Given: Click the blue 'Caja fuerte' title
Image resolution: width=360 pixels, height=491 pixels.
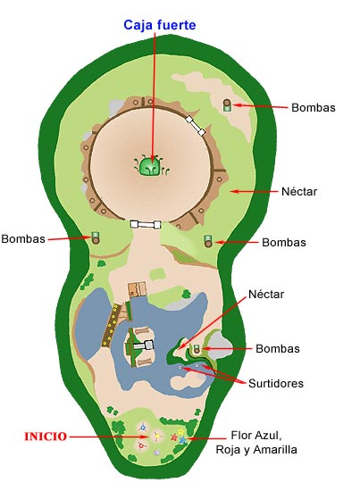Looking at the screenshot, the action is click(160, 25).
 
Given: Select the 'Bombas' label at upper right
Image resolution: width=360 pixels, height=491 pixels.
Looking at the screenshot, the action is click(314, 107).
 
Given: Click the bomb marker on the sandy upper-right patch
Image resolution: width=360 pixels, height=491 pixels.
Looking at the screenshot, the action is click(228, 105).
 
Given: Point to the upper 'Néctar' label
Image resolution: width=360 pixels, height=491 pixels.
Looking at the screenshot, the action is click(299, 191).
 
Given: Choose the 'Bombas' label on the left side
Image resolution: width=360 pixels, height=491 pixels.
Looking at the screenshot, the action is click(23, 238).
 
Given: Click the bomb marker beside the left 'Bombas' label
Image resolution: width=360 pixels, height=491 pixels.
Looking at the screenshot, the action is click(96, 238).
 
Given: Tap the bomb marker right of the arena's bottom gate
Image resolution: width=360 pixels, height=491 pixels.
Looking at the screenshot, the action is click(208, 241).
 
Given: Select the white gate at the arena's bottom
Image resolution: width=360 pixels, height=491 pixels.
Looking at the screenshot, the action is click(146, 224).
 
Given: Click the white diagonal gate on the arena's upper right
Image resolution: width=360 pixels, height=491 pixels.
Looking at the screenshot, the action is click(196, 126).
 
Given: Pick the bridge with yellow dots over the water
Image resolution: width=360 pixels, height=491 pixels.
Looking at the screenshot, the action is click(111, 325).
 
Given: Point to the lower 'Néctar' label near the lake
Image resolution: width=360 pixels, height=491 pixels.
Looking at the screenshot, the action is click(266, 294).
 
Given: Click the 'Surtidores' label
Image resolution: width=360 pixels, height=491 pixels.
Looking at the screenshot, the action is click(276, 383).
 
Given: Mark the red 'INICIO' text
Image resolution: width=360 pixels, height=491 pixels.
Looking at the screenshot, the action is click(46, 437).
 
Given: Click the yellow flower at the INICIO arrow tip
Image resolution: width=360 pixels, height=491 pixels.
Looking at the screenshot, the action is click(156, 436).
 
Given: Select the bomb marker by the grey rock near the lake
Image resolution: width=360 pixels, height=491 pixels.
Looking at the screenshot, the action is click(197, 349).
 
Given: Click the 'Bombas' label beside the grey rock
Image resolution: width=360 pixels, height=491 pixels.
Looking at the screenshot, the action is click(278, 348).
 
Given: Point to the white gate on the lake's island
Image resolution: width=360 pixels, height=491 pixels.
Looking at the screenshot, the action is click(144, 345).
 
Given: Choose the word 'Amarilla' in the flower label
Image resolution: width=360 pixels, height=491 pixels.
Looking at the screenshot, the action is click(275, 450).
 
